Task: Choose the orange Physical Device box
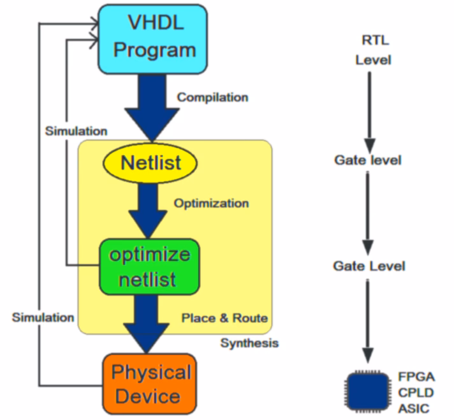(x=151, y=383)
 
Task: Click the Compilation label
(x=212, y=98)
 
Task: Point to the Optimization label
(x=211, y=204)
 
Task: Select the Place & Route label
(x=224, y=318)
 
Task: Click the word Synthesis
(x=249, y=343)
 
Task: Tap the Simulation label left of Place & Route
(x=43, y=317)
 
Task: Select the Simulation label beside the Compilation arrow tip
(x=76, y=131)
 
